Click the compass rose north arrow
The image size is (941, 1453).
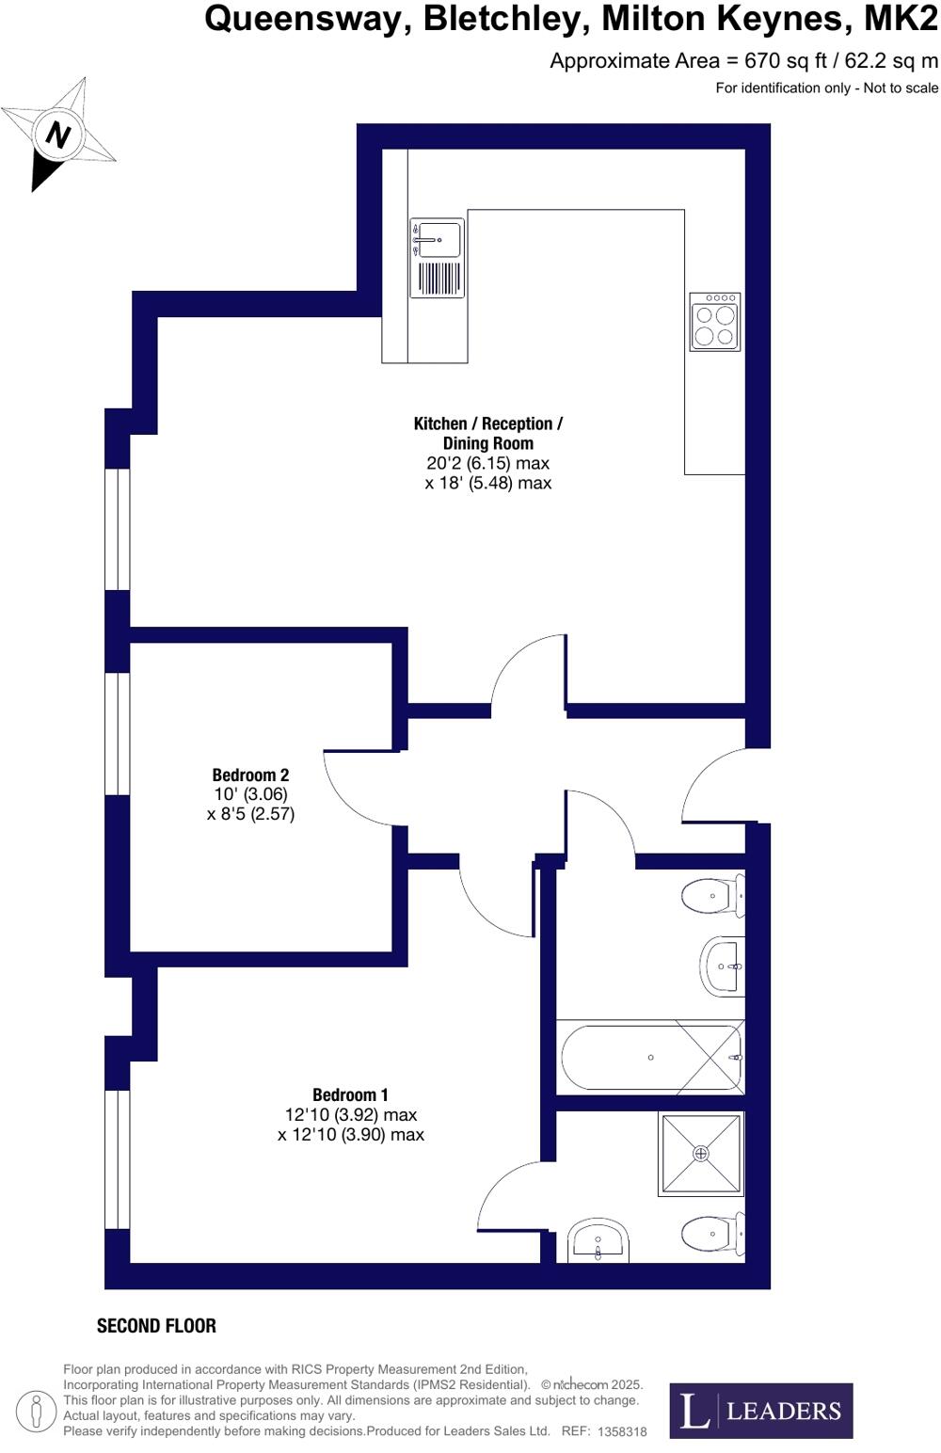(58, 135)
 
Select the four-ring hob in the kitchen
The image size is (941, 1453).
(715, 322)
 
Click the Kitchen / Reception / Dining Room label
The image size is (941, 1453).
(487, 433)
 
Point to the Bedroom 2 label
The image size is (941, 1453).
(250, 775)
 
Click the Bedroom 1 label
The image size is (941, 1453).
(350, 1094)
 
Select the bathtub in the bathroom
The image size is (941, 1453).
(651, 1058)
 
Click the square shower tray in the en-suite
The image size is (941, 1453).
(702, 1153)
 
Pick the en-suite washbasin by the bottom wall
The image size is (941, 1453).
(598, 1242)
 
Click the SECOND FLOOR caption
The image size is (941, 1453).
(156, 1326)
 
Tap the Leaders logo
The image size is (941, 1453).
(760, 1410)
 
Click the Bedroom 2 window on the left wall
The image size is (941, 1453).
(117, 734)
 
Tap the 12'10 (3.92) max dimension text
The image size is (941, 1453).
(351, 1115)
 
